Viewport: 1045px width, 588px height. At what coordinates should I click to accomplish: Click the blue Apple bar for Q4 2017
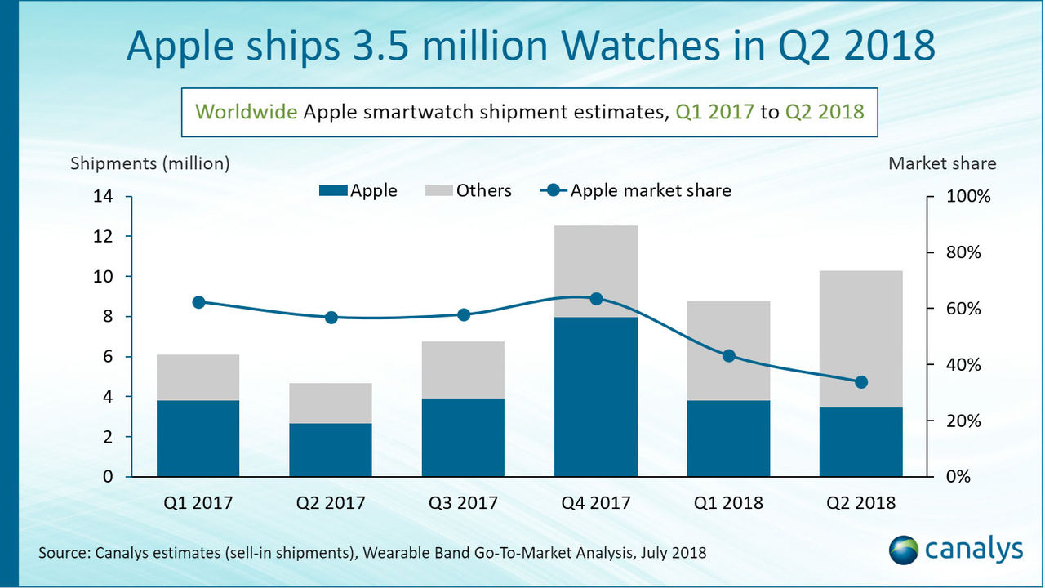[596, 397]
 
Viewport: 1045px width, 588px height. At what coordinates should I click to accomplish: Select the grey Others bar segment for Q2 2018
[861, 338]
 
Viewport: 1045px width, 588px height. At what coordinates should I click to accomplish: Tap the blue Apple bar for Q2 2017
[331, 450]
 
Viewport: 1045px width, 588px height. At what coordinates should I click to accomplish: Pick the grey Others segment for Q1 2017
[198, 377]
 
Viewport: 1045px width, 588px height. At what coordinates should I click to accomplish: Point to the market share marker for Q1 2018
[729, 356]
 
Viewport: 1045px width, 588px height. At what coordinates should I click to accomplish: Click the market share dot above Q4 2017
[596, 299]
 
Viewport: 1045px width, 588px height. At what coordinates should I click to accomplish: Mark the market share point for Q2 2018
[861, 382]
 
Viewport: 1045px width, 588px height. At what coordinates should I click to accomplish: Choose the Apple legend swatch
[333, 191]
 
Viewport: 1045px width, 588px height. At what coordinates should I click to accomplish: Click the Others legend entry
[469, 191]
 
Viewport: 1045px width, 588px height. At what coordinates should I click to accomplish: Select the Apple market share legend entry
[636, 191]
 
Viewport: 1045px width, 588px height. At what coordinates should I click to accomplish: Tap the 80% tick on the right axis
[964, 253]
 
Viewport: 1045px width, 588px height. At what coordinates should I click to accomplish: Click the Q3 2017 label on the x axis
[463, 503]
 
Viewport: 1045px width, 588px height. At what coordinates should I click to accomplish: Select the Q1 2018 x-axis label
[729, 503]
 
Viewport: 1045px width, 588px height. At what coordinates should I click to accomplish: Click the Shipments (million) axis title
[150, 163]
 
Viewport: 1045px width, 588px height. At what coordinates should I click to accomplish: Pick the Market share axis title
[942, 163]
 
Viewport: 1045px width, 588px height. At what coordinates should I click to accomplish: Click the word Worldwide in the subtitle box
[247, 112]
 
